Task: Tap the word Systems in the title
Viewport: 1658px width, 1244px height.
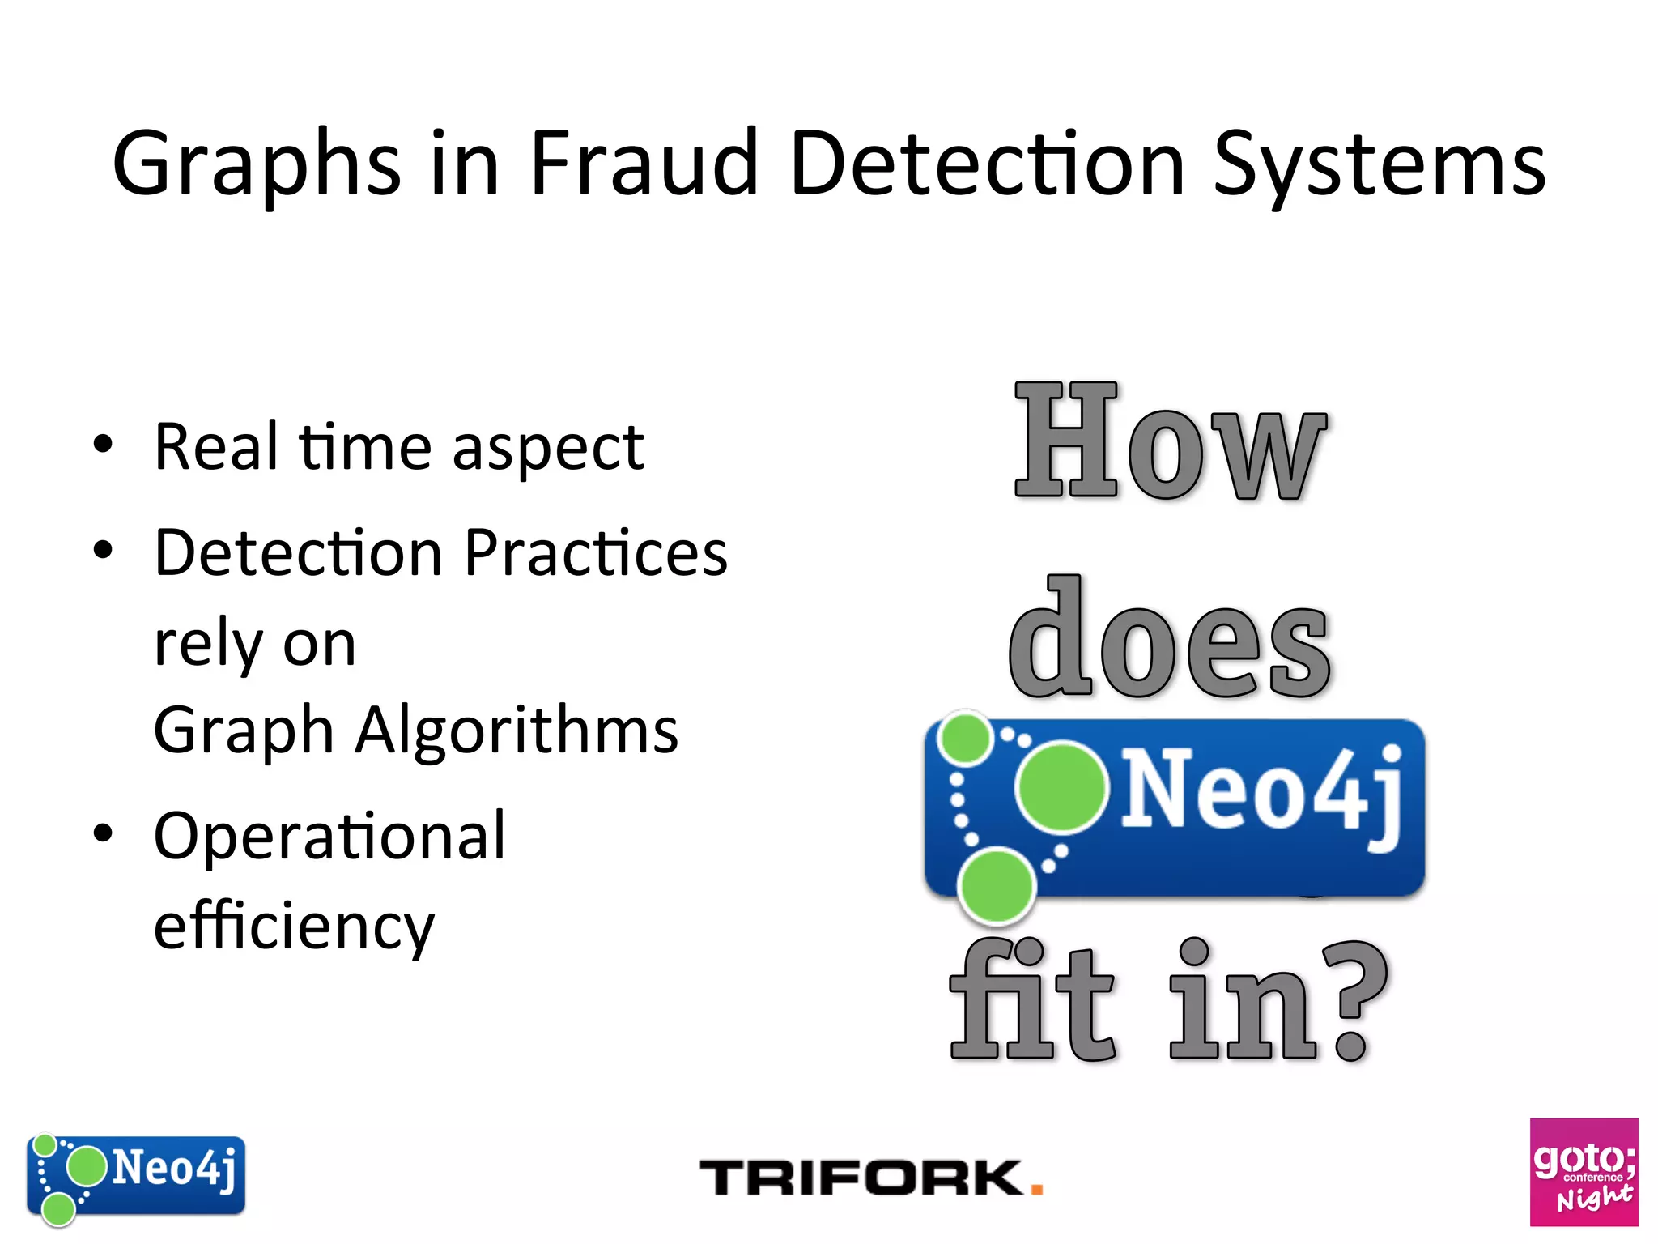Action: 1380,166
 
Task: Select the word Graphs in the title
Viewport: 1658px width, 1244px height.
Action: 257,166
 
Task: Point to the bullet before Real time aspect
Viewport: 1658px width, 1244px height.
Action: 103,445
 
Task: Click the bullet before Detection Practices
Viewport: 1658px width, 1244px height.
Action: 103,551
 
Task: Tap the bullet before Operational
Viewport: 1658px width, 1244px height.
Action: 103,833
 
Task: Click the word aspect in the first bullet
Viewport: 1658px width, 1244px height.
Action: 548,449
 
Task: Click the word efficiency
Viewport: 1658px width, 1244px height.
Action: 294,927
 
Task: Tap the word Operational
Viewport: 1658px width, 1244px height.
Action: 329,836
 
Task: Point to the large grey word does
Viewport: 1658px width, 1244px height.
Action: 1169,640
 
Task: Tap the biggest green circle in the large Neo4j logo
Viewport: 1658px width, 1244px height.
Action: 1061,786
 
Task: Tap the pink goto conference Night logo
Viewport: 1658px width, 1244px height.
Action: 1584,1172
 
